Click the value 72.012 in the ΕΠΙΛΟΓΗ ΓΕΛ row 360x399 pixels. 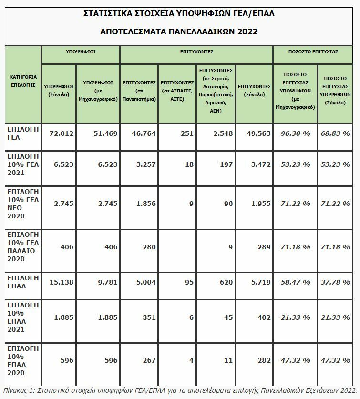click(x=62, y=133)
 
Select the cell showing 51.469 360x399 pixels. click(x=105, y=133)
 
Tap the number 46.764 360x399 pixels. click(x=143, y=133)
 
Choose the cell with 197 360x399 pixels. click(x=226, y=164)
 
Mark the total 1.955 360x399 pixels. click(x=261, y=204)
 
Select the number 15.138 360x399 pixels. click(x=62, y=282)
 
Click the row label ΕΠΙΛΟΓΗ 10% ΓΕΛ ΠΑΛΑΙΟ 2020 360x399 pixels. click(x=23, y=246)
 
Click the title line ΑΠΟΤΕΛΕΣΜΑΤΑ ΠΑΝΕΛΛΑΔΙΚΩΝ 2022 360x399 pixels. click(x=179, y=31)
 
